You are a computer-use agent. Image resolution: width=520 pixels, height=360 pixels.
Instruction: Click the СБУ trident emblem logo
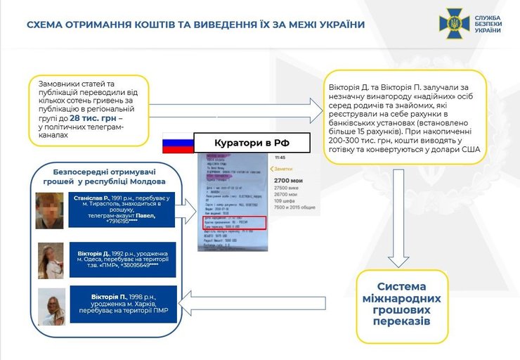coord(454,23)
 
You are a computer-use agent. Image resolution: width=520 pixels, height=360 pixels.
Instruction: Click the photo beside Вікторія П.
coord(51,307)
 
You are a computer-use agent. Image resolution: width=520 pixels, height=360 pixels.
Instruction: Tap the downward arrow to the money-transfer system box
coord(399,218)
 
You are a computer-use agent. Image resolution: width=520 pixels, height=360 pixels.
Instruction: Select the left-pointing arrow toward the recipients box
coord(253,302)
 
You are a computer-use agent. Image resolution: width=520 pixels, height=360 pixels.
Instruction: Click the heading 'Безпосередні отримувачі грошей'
coord(105,176)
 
